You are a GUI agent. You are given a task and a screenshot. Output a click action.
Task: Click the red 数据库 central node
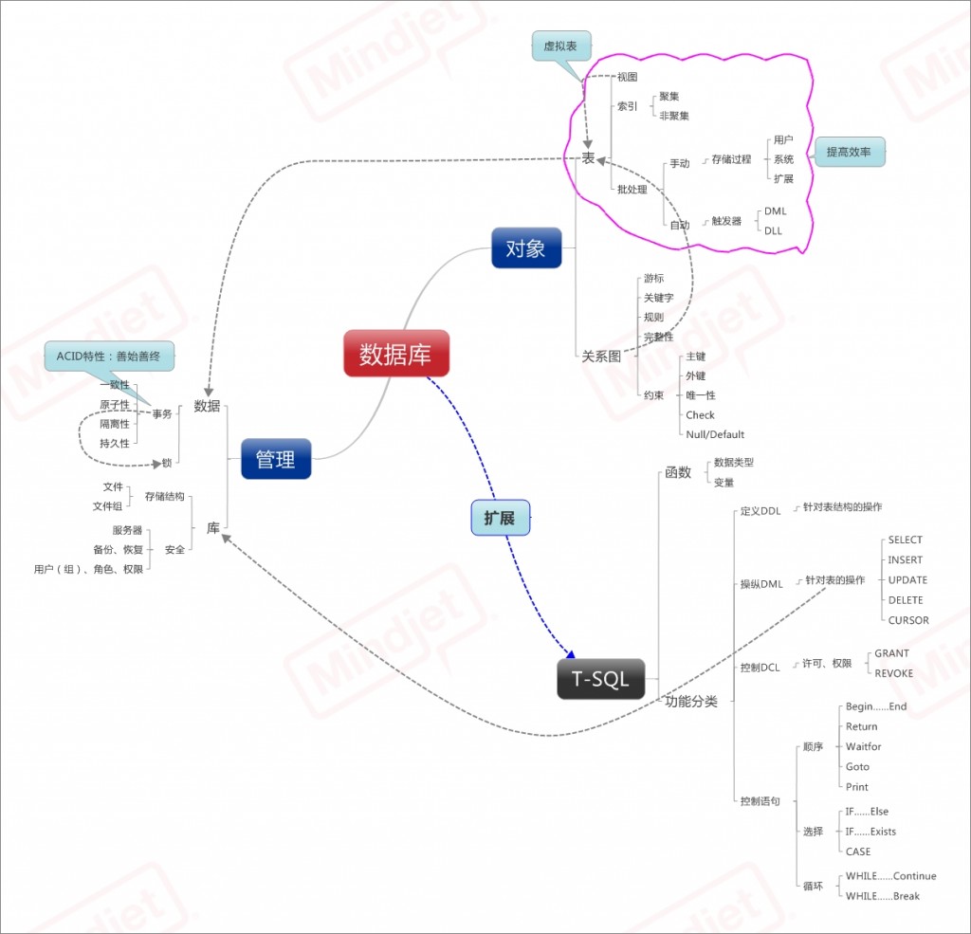pyautogui.click(x=395, y=355)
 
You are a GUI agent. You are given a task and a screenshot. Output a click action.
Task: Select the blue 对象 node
pyautogui.click(x=525, y=249)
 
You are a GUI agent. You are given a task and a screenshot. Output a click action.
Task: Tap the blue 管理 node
pyautogui.click(x=275, y=459)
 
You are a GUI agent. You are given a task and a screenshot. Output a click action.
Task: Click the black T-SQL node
pyautogui.click(x=599, y=679)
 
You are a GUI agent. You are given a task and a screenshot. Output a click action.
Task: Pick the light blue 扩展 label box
pyautogui.click(x=500, y=518)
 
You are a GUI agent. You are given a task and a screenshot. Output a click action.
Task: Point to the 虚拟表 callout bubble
pyautogui.click(x=560, y=46)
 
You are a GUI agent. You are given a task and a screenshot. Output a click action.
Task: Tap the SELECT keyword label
pyautogui.click(x=905, y=540)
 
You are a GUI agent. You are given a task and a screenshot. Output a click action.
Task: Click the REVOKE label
pyautogui.click(x=893, y=673)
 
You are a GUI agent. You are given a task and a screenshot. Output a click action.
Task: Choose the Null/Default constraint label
pyautogui.click(x=715, y=434)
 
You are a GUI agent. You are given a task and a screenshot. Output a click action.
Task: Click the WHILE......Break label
pyautogui.click(x=882, y=896)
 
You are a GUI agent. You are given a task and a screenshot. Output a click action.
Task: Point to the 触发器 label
pyautogui.click(x=726, y=221)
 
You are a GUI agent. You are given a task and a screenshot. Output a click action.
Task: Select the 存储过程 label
pyautogui.click(x=731, y=159)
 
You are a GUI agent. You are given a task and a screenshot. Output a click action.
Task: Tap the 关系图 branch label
pyautogui.click(x=601, y=357)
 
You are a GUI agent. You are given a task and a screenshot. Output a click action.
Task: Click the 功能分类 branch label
pyautogui.click(x=690, y=702)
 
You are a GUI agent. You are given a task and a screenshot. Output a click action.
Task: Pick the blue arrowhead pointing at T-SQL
pyautogui.click(x=571, y=653)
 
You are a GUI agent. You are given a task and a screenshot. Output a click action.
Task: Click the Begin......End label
pyautogui.click(x=876, y=706)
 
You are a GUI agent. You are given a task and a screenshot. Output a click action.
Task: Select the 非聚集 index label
pyautogui.click(x=674, y=116)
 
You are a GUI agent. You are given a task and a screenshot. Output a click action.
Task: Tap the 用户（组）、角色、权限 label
pyautogui.click(x=88, y=569)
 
